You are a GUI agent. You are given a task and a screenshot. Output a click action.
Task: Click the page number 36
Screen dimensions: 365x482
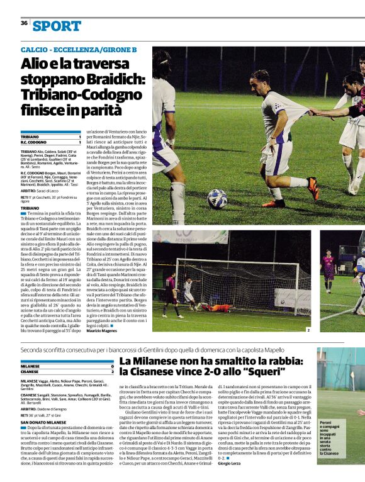pyautogui.click(x=24, y=23)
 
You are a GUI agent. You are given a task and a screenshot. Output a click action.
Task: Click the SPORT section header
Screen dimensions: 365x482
pyautogui.click(x=57, y=26)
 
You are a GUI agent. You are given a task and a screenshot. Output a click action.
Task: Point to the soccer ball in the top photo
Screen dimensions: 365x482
pyautogui.click(x=218, y=199)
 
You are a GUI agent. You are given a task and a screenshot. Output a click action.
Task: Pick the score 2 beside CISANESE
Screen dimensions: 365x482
pyautogui.click(x=113, y=371)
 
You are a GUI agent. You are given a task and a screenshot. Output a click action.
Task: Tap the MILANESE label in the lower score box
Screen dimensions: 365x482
pyautogui.click(x=31, y=365)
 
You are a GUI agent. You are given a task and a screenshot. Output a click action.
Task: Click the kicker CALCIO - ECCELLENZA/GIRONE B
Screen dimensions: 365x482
pyautogui.click(x=79, y=49)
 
